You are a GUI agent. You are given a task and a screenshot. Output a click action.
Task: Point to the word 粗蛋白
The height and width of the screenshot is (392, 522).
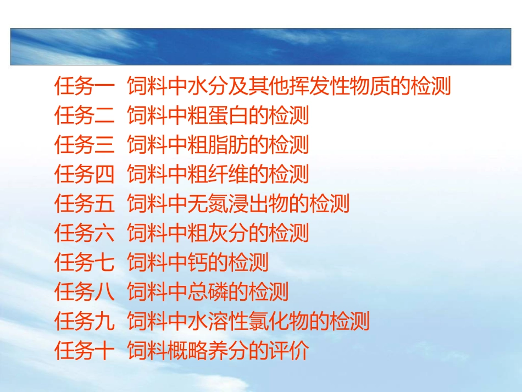(x=218, y=115)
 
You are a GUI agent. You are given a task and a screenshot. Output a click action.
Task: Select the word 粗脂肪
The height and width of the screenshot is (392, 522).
(x=218, y=145)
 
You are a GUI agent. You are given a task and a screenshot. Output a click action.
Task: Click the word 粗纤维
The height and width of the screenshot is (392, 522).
(x=218, y=174)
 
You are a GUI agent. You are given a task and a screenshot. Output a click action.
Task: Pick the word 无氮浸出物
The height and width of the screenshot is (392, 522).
(x=238, y=204)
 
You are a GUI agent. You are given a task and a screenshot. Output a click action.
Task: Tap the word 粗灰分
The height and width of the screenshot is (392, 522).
(x=218, y=233)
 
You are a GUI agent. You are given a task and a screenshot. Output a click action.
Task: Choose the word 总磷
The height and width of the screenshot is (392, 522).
(x=208, y=292)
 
